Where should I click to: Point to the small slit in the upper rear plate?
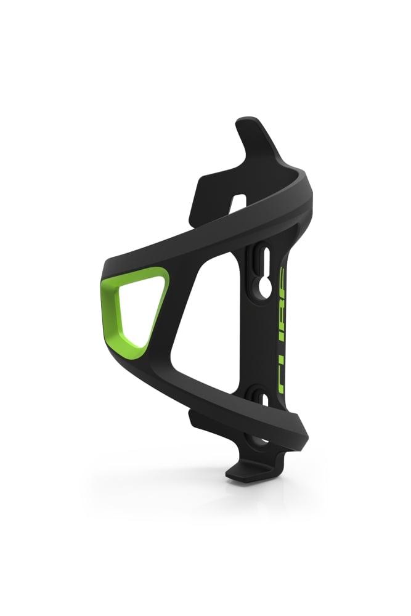click(240, 201)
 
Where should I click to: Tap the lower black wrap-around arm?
click(203, 400)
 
